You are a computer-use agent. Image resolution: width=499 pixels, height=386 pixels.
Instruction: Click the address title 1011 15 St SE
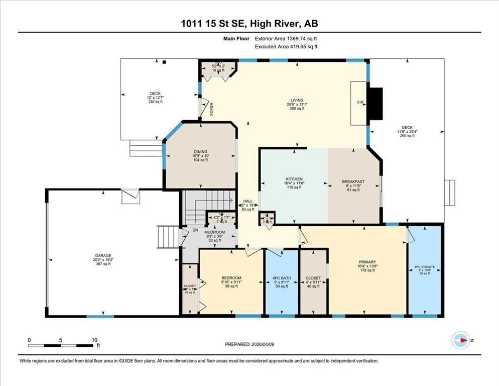tap(249, 24)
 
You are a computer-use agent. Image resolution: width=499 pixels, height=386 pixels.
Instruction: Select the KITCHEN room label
tap(294, 179)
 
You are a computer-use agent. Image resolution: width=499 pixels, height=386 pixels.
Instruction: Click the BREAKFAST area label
tap(353, 181)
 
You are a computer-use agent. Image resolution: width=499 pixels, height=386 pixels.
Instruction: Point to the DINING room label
tap(200, 152)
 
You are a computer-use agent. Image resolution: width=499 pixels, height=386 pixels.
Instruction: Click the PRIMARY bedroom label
tap(367, 262)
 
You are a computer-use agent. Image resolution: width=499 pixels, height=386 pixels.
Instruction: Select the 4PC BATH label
tap(282, 278)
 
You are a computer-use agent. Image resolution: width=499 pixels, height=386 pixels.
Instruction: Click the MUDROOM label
tap(216, 232)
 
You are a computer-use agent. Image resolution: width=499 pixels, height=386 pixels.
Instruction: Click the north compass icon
tap(459, 341)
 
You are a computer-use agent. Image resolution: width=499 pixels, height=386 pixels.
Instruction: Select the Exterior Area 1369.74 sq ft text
tap(286, 38)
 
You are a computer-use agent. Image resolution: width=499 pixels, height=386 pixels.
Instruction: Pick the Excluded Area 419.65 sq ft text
tap(286, 46)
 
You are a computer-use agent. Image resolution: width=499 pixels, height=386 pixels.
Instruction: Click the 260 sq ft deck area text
tap(407, 135)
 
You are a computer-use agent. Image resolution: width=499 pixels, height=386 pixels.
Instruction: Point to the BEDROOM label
tap(231, 278)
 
